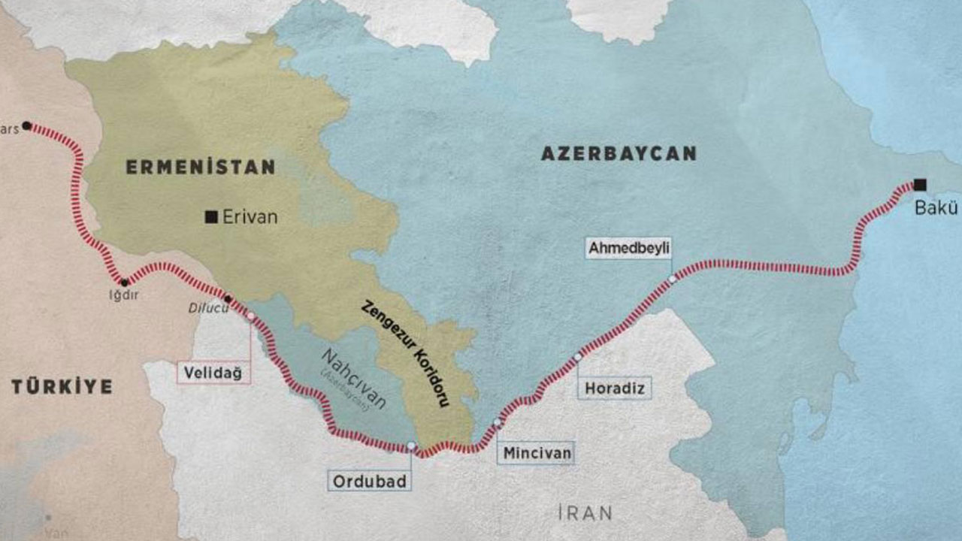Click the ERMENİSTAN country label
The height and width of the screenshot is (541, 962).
(x=200, y=167)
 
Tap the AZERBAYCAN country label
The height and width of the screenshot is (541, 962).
(x=619, y=153)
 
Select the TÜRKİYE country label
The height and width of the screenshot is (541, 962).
(x=62, y=387)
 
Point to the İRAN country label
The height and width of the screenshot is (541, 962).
(x=585, y=513)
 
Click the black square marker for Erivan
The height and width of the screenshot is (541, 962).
(x=211, y=217)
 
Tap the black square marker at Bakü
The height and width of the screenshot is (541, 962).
(x=920, y=184)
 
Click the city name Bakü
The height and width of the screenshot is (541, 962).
(x=936, y=208)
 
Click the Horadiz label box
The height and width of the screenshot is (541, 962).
(x=615, y=388)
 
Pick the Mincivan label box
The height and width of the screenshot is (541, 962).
(x=537, y=453)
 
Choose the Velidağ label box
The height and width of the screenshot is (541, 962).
(x=213, y=373)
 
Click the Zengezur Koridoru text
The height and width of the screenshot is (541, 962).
(x=406, y=353)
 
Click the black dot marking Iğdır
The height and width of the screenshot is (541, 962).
(x=125, y=283)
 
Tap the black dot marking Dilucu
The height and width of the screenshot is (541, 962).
(x=228, y=298)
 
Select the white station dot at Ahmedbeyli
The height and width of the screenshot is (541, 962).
(x=672, y=279)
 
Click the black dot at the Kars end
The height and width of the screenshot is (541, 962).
(x=26, y=125)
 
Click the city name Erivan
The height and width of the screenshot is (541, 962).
(x=251, y=217)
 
